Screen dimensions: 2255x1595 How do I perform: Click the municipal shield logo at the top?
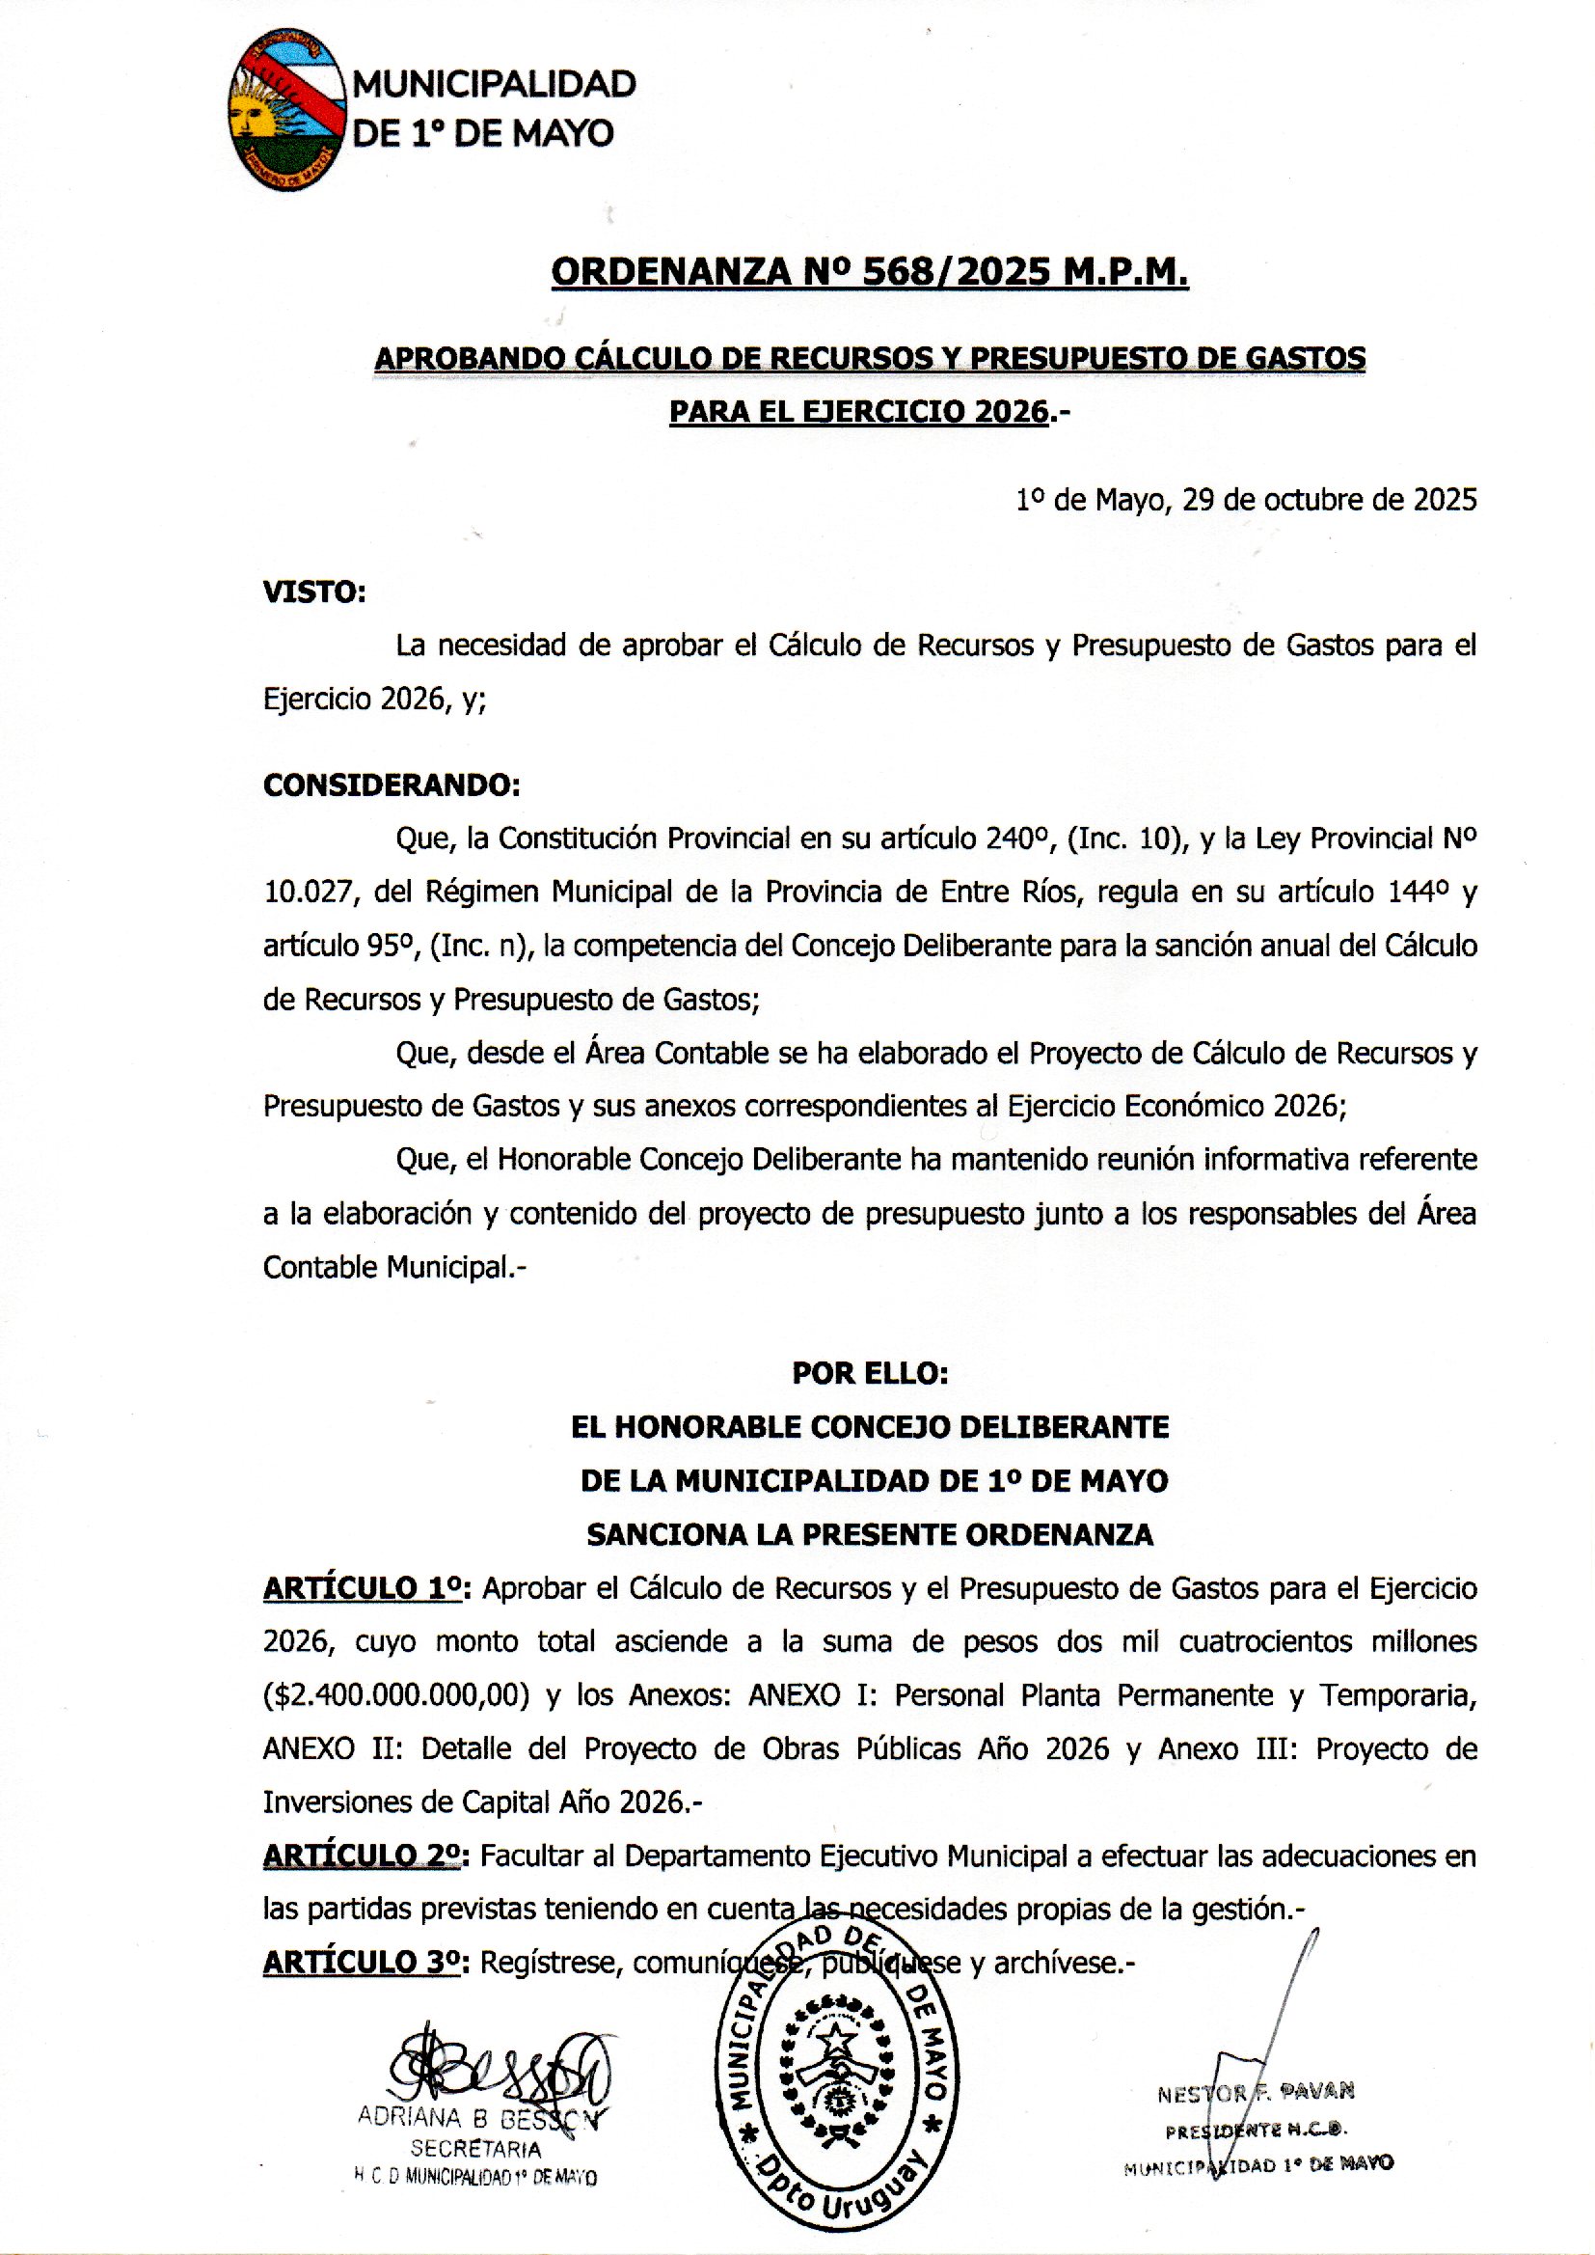coord(286,109)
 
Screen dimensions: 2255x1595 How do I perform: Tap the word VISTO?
coord(313,591)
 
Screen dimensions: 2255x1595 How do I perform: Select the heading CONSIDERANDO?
coord(391,785)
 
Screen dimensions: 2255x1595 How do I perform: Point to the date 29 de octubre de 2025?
coord(1329,500)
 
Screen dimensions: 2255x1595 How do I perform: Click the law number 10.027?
coord(307,892)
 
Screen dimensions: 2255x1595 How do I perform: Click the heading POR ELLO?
coord(870,1373)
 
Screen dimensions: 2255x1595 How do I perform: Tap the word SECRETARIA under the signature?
coord(475,2148)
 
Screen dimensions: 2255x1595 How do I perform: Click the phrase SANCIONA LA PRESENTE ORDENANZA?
coord(870,1534)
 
